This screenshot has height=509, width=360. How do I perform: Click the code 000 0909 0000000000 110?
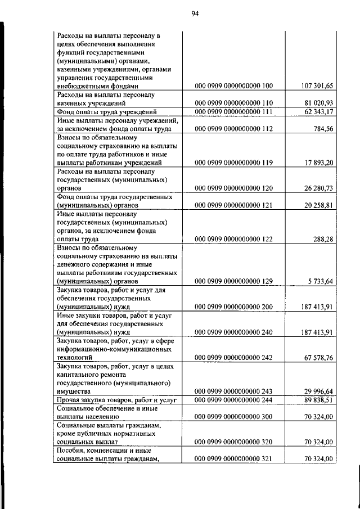[x=233, y=103]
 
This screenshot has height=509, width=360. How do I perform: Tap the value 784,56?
[x=323, y=129]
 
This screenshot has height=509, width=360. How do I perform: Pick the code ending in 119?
[x=233, y=163]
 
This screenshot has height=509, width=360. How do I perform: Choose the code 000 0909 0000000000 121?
[x=233, y=205]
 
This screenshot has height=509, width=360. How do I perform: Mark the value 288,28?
[x=323, y=239]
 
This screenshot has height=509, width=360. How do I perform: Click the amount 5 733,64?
[x=321, y=281]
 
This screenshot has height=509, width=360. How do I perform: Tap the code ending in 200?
[x=233, y=307]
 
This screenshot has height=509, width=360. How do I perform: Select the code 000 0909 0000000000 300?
[x=233, y=417]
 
